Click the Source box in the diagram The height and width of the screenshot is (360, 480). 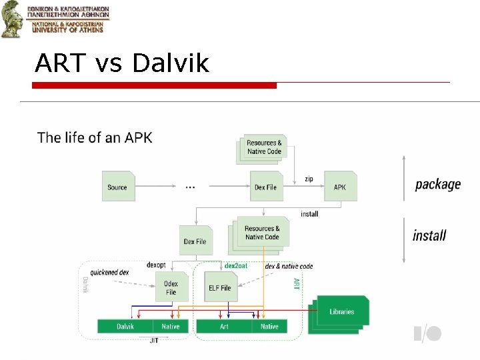(x=117, y=187)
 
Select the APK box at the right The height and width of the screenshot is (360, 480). (x=340, y=187)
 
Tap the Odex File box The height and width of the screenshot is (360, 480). (x=171, y=288)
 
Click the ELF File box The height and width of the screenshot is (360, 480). (x=219, y=288)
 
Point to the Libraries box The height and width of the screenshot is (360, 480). (x=341, y=311)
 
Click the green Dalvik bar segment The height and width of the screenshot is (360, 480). (x=125, y=327)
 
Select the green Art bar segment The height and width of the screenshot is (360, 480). (x=224, y=327)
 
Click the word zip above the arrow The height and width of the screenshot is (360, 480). (x=309, y=179)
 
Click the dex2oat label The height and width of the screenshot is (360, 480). (x=236, y=265)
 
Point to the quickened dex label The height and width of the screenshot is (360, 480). (x=110, y=272)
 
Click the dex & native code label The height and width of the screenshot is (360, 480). (x=289, y=266)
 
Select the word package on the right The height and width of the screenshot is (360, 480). (x=437, y=185)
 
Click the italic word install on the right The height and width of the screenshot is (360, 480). (x=429, y=235)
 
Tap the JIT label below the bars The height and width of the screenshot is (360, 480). (x=154, y=341)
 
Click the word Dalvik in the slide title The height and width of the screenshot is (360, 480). (x=171, y=64)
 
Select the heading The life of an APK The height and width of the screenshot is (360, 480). (x=95, y=138)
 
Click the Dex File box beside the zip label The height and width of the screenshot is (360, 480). (x=265, y=187)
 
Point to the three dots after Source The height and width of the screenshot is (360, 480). (x=190, y=187)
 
